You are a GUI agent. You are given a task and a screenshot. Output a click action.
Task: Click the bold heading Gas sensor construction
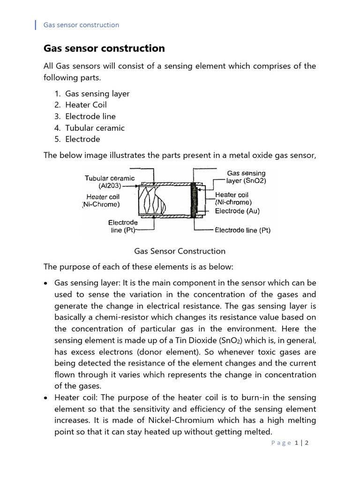[104, 48]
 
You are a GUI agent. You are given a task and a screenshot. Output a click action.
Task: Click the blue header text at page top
[81, 25]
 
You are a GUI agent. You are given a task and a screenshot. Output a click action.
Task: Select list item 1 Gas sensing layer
[97, 93]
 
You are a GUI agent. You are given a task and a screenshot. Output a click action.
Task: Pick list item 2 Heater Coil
[86, 105]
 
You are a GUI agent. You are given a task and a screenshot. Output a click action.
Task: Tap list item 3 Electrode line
[90, 116]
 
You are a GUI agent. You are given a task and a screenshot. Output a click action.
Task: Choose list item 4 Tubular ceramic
[95, 127]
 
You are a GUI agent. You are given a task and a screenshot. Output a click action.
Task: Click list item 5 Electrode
[82, 139]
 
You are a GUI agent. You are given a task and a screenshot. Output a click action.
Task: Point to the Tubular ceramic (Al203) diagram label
[110, 181]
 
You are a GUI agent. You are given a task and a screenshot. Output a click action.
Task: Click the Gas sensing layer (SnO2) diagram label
[246, 177]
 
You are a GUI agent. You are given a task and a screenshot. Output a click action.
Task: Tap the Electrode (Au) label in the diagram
[237, 211]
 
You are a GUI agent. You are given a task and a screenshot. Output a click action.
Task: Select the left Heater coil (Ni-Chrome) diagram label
[102, 201]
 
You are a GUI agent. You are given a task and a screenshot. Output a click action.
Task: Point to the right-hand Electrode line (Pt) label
[242, 230]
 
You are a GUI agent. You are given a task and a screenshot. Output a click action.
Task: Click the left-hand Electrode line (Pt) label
[123, 226]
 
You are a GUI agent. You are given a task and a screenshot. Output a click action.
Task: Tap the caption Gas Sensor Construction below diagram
[180, 251]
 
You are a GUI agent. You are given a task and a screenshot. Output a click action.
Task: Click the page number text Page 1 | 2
[289, 442]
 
